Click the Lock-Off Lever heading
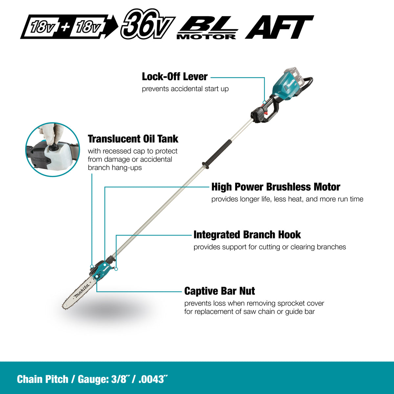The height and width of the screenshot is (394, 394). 175,77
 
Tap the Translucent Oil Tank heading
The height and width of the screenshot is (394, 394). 133,139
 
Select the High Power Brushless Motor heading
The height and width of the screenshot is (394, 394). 275,187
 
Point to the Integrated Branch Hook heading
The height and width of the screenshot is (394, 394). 247,235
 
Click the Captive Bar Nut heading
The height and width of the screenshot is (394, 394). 219,291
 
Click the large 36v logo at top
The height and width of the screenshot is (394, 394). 148,24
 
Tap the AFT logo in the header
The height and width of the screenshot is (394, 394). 279,27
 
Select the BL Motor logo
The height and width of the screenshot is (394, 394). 207,27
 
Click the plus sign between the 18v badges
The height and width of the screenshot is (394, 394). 65,27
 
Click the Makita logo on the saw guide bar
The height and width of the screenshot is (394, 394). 81,291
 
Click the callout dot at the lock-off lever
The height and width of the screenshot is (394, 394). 264,102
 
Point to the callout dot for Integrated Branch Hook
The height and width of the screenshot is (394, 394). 116,269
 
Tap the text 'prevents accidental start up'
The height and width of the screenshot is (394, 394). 185,89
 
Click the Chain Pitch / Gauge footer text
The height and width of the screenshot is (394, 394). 92,379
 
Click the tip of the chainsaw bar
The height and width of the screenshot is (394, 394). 62,307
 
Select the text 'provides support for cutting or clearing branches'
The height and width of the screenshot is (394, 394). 270,247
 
